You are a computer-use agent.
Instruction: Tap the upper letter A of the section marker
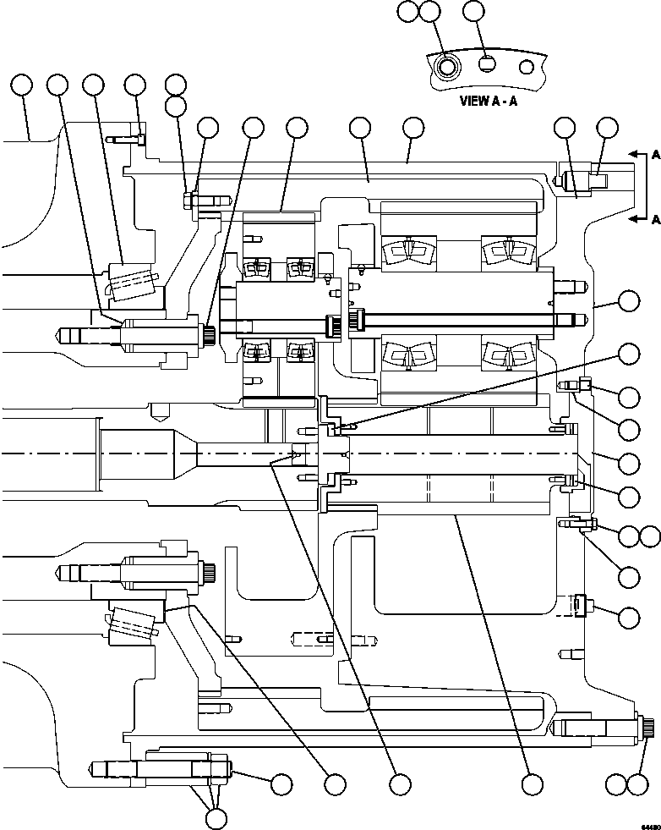tap(655, 155)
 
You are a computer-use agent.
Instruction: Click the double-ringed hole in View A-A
tap(446, 66)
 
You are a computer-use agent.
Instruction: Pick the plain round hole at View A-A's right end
tap(527, 66)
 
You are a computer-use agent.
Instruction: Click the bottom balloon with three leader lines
tap(217, 817)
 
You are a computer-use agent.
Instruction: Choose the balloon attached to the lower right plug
tap(629, 617)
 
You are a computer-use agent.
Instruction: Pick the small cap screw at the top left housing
tap(140, 139)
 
